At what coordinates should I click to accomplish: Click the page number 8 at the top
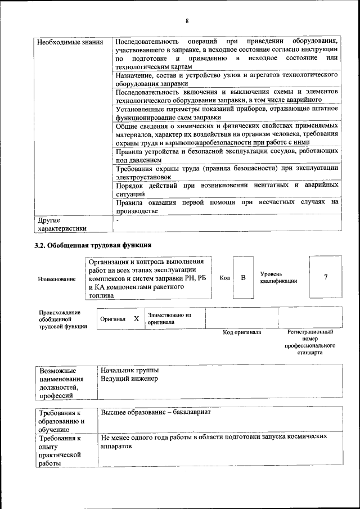[187, 21]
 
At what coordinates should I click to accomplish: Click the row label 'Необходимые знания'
[62, 43]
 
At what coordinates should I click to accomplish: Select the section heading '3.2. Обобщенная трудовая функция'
[93, 245]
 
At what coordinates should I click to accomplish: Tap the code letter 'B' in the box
[244, 277]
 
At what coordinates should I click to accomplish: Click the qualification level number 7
[326, 277]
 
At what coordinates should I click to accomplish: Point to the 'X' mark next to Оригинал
[136, 319]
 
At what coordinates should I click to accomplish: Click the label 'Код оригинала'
[242, 332]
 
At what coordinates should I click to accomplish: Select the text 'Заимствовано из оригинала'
[169, 319]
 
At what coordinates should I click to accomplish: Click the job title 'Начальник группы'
[129, 371]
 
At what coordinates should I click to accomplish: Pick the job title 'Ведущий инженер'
[129, 379]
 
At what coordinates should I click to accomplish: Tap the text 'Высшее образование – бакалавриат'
[155, 412]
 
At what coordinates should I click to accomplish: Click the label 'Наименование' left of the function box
[57, 280]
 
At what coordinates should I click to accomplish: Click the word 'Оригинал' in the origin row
[112, 319]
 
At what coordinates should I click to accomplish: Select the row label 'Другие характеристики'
[62, 224]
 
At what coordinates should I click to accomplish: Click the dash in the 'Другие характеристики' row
[117, 220]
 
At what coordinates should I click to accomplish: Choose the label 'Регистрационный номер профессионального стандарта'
[310, 343]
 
